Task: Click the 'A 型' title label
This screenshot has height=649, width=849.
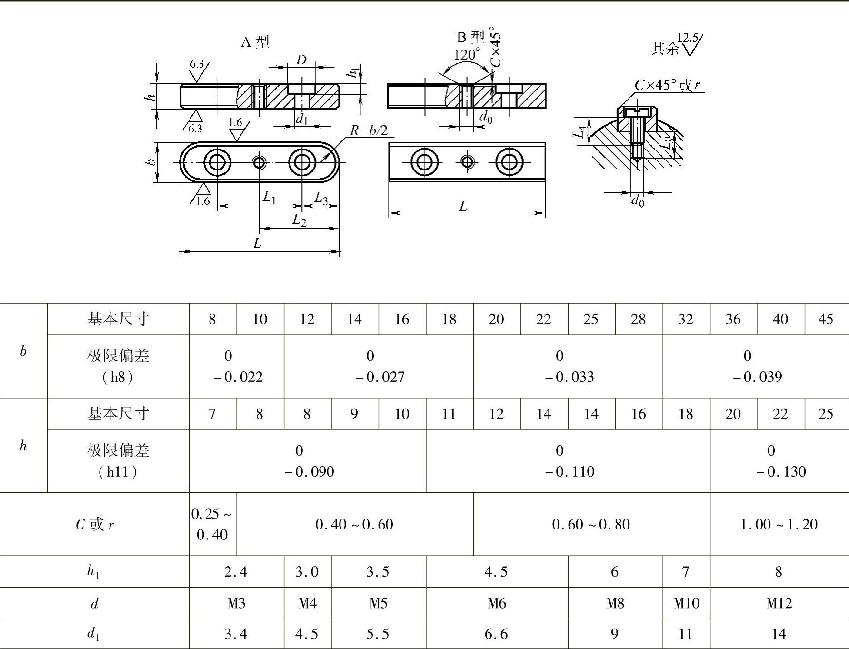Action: [x=255, y=42]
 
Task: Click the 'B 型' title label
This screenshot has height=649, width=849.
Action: [x=470, y=37]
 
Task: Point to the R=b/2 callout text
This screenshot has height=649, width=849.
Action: [x=368, y=130]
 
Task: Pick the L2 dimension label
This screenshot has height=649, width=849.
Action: [x=299, y=220]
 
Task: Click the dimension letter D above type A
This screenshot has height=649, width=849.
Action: [x=301, y=60]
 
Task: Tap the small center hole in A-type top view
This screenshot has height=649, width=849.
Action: [x=259, y=163]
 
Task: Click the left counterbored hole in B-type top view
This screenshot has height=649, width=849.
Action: [x=425, y=162]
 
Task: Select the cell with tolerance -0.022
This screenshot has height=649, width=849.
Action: [x=237, y=366]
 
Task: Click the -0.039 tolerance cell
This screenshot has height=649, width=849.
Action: [x=756, y=366]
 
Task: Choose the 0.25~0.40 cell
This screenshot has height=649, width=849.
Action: [x=212, y=524]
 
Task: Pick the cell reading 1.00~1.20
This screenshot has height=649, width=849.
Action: [x=779, y=524]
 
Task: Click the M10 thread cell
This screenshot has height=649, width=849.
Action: [x=686, y=603]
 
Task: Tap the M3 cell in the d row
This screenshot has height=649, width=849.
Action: [x=236, y=603]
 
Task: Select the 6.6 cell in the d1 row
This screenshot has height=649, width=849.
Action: [x=496, y=634]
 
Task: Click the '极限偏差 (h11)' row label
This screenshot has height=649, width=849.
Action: [x=118, y=460]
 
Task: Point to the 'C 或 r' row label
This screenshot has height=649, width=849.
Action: [x=95, y=524]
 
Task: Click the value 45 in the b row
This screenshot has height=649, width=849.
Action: [x=826, y=319]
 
